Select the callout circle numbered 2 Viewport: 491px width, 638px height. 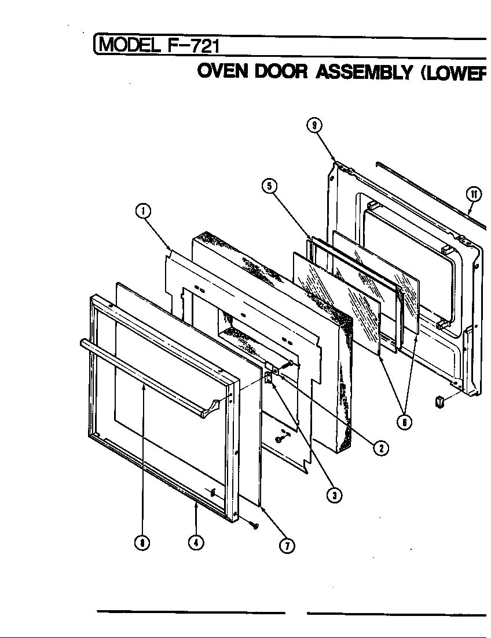pos(380,448)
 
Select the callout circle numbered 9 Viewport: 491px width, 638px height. pos(314,125)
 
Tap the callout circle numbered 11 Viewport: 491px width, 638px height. pos(474,194)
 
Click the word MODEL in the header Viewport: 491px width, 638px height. pos(131,45)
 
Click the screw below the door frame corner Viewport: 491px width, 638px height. pos(254,525)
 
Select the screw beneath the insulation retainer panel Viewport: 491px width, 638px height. pos(279,439)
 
